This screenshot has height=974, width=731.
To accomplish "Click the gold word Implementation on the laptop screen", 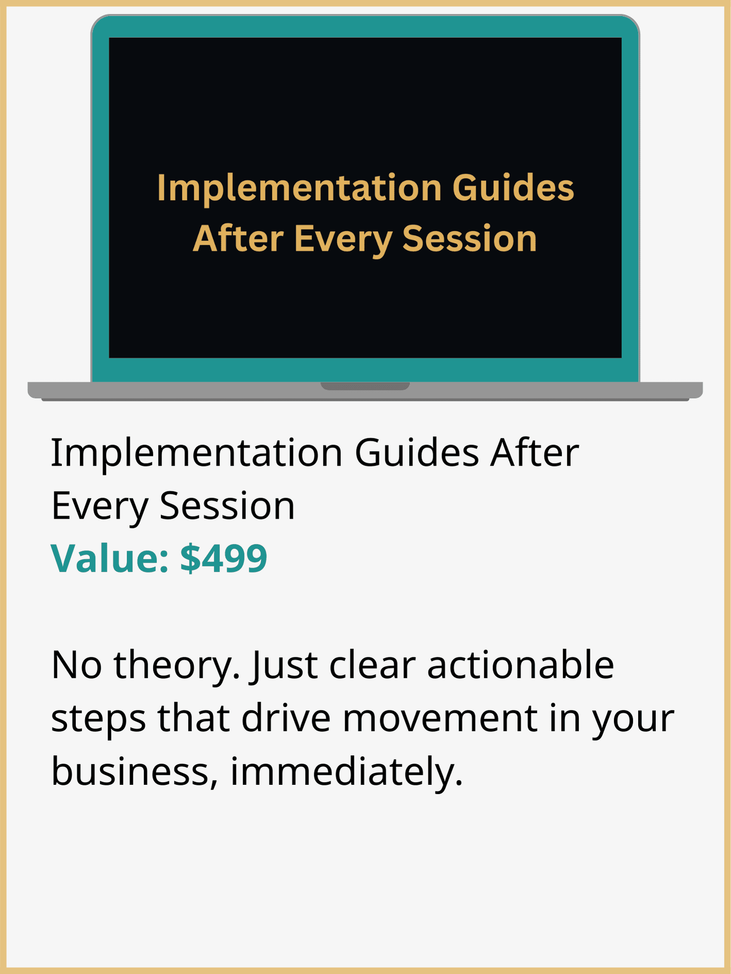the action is coord(299,188).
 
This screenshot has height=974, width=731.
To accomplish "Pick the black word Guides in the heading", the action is coord(417,452).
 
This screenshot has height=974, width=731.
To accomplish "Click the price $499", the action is coord(223,558).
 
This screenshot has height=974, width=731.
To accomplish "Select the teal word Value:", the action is coord(110,558).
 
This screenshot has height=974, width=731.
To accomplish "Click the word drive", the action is coord(286,718).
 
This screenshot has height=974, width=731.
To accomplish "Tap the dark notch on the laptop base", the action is coord(365,386).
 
